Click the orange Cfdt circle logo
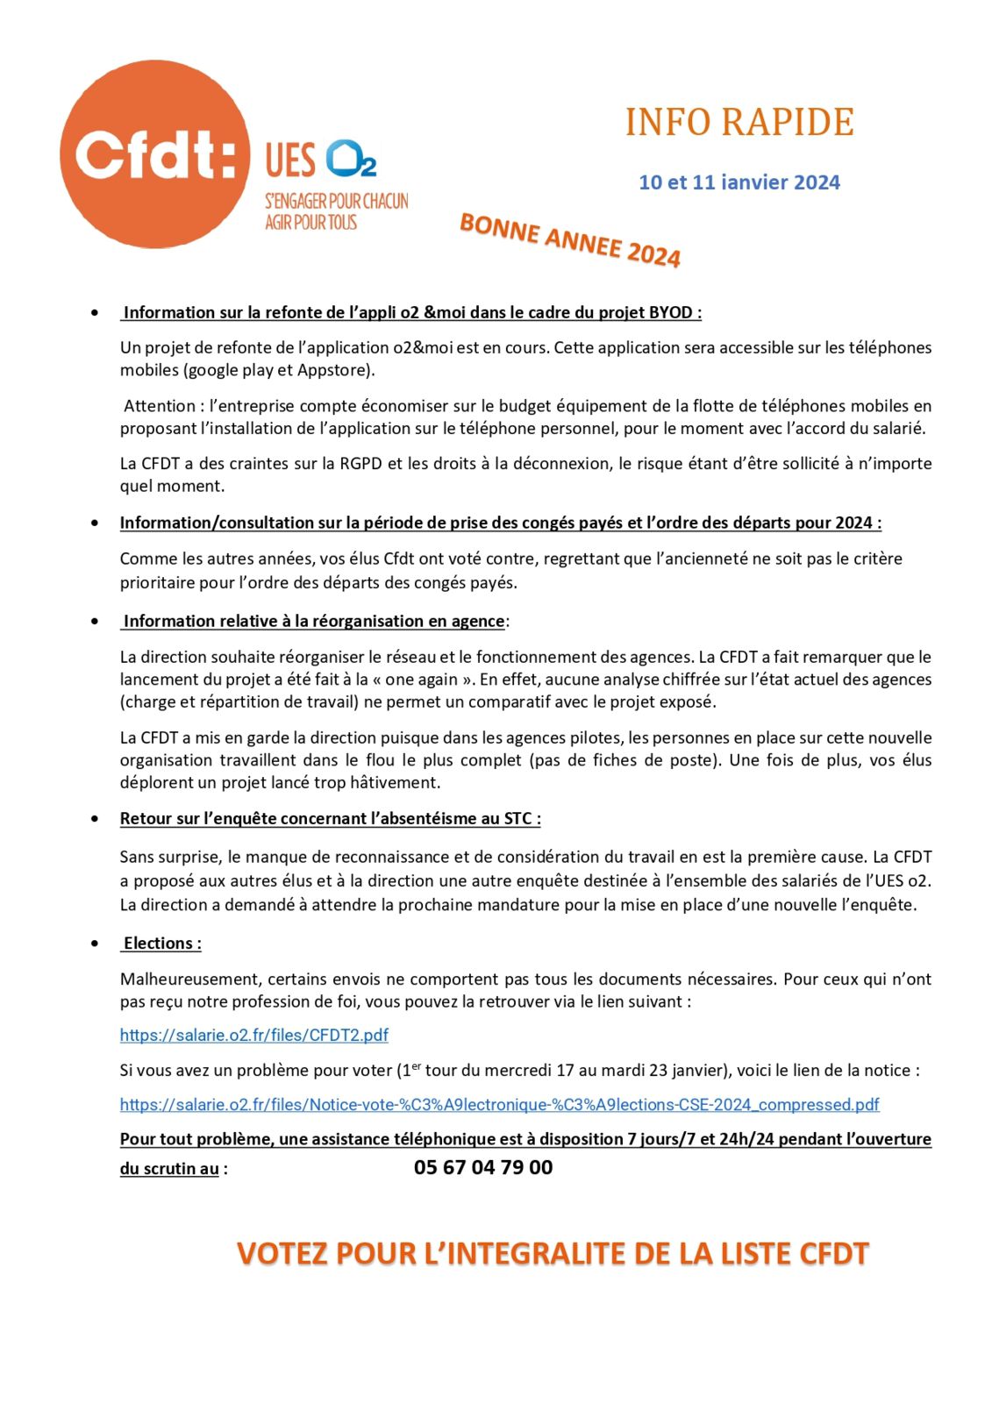[x=154, y=155]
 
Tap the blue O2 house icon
[x=351, y=159]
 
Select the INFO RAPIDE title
[x=739, y=123]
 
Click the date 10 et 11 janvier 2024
[x=739, y=182]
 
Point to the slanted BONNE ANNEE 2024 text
[x=570, y=239]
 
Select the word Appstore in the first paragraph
[x=334, y=370]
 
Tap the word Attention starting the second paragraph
[x=159, y=406]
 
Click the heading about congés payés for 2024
[x=500, y=523]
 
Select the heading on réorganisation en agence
[x=314, y=622]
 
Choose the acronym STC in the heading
[x=517, y=819]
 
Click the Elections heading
[x=162, y=944]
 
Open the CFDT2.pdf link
[x=254, y=1036]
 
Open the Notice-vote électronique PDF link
[x=499, y=1105]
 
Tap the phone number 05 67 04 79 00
[x=483, y=1168]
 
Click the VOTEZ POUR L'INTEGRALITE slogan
[x=553, y=1254]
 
